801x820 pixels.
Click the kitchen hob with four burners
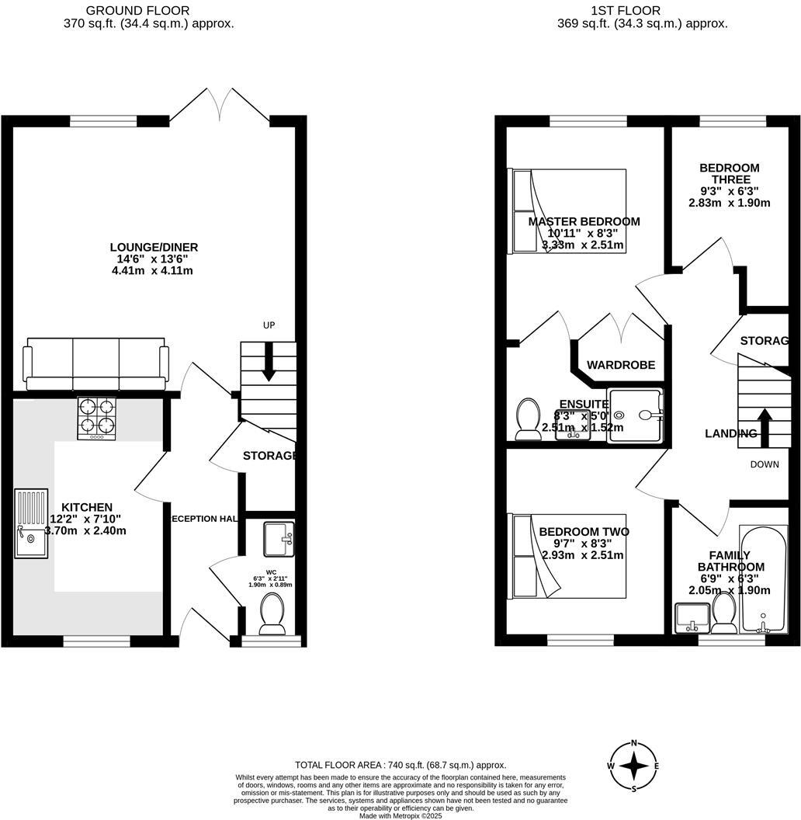coord(96,419)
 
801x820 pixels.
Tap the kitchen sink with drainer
coord(30,524)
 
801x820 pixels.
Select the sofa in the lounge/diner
coord(96,363)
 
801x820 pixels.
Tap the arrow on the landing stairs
coord(764,425)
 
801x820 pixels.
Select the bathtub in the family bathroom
coord(764,579)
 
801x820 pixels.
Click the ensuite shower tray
coord(636,415)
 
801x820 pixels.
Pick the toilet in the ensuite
coord(528,419)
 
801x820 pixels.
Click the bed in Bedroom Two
coord(569,555)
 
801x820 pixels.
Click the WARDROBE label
coord(620,365)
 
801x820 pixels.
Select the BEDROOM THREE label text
coord(729,173)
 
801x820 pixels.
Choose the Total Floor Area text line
coord(400,765)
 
